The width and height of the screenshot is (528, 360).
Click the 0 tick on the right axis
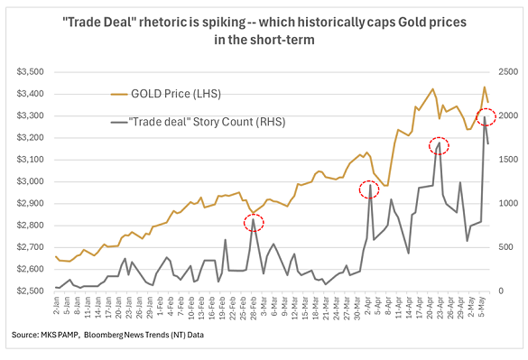pyautogui.click(x=500, y=291)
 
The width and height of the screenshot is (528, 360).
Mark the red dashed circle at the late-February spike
pyautogui.click(x=254, y=221)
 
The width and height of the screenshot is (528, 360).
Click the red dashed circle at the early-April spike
pyautogui.click(x=369, y=189)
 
